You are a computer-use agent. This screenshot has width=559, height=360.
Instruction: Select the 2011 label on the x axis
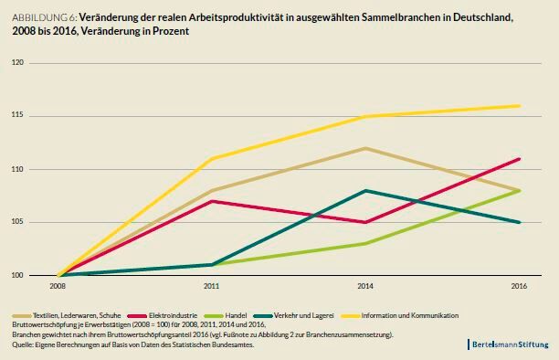coord(212,286)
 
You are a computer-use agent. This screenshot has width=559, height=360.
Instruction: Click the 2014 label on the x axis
coord(365,286)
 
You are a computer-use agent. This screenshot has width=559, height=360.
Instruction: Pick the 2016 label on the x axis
coord(519,286)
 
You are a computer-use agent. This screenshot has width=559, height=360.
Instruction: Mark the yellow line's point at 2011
coord(212,159)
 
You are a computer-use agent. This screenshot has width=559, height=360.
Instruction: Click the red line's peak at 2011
coord(212,201)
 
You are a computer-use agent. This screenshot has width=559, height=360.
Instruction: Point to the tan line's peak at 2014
coord(365,148)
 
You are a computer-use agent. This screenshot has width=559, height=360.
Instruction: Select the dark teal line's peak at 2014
coord(365,190)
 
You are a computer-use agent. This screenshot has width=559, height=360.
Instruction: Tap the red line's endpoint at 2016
coord(519,159)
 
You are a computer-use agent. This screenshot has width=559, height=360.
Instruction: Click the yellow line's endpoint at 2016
coord(519,106)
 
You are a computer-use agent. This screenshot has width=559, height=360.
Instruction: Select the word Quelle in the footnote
coord(23,344)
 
